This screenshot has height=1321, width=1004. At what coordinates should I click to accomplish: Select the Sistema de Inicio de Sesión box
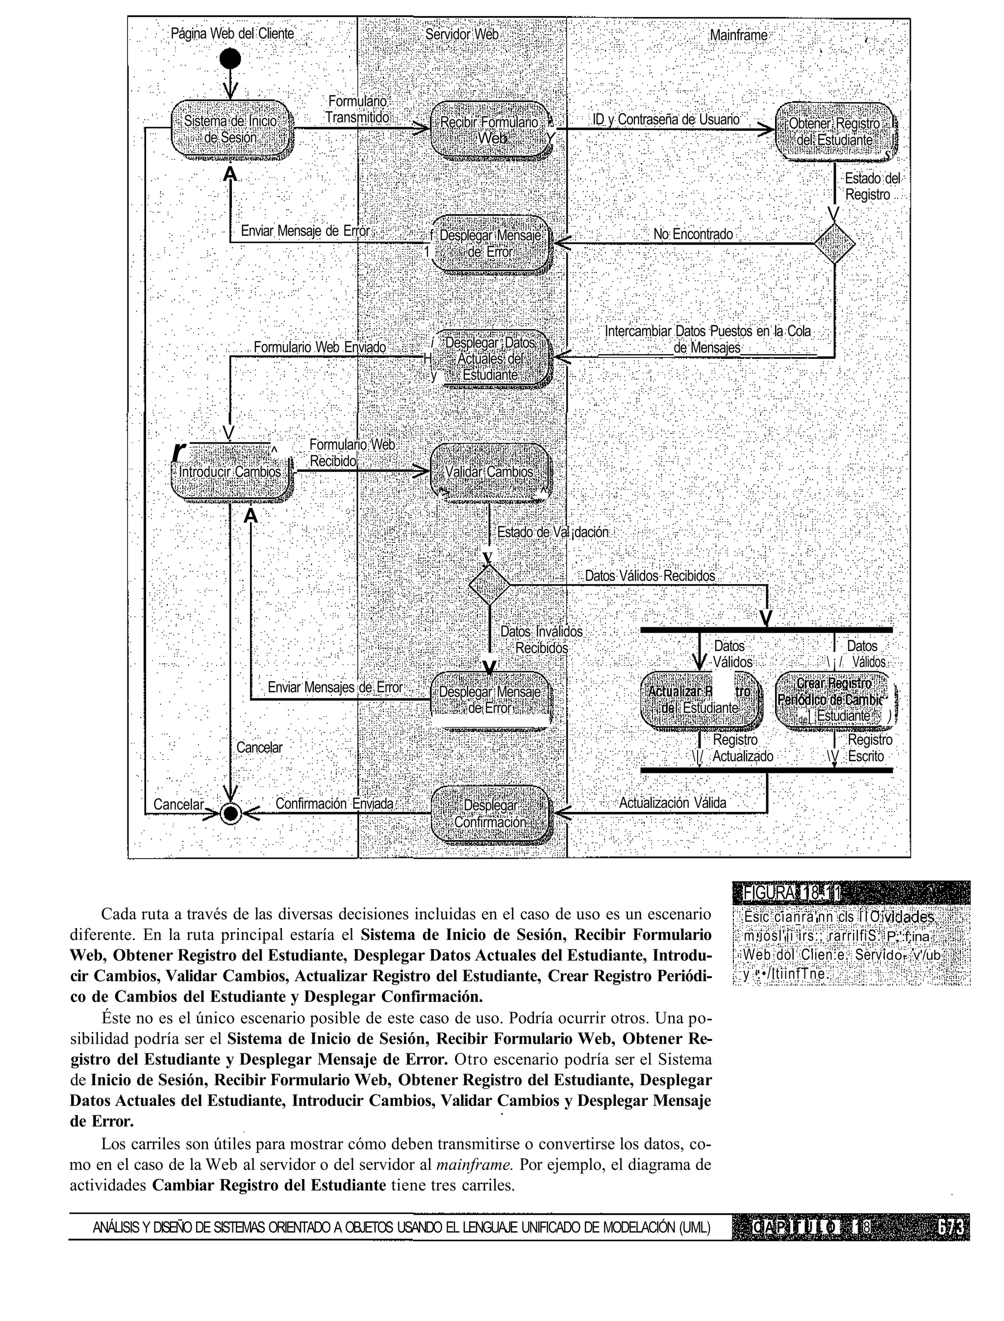tap(231, 129)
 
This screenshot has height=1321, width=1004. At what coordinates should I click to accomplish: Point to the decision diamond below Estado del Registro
tap(835, 243)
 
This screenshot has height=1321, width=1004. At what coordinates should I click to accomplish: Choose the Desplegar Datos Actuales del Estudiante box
tap(490, 358)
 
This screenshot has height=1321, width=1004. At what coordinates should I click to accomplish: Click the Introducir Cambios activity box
tap(231, 472)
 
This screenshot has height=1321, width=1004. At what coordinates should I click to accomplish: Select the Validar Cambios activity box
tap(490, 472)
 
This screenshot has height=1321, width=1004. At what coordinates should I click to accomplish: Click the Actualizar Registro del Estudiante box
tap(701, 699)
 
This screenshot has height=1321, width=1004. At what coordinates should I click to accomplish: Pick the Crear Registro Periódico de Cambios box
tap(835, 699)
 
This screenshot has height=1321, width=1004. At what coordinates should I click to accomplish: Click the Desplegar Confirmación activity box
tap(490, 813)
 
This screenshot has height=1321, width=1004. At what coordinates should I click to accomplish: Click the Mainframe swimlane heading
tap(739, 35)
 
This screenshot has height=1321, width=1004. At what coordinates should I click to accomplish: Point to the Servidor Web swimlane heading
tap(461, 35)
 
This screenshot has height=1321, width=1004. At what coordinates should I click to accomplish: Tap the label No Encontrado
tap(693, 234)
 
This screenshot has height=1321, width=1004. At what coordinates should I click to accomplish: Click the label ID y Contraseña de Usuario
tap(666, 120)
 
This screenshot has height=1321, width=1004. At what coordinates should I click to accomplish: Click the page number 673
tap(950, 1226)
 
